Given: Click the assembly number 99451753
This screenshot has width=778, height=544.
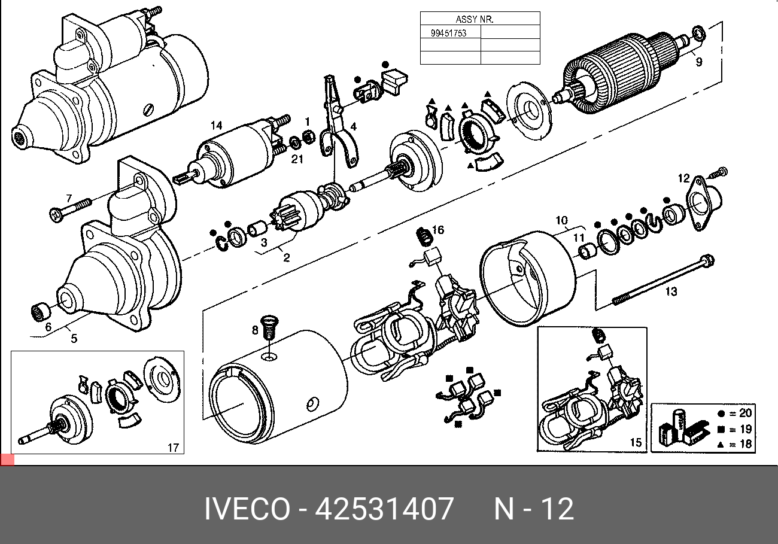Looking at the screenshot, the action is tap(448, 33).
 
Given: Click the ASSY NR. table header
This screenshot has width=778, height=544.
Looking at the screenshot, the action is tap(475, 20).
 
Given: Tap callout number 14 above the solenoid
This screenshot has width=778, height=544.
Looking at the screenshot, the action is tap(217, 126).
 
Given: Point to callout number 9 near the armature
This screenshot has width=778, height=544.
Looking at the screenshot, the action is tap(699, 62).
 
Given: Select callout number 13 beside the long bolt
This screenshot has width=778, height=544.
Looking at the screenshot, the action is tap(671, 291).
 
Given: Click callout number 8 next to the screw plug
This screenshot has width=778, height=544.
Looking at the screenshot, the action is tap(255, 330).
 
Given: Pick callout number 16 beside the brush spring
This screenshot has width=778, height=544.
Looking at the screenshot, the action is tap(438, 230).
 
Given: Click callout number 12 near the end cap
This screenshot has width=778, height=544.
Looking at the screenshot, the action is tap(683, 178).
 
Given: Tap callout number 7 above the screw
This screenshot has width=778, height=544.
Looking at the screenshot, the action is tap(69, 198).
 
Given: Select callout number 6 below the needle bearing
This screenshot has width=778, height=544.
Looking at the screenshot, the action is tap(48, 327).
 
